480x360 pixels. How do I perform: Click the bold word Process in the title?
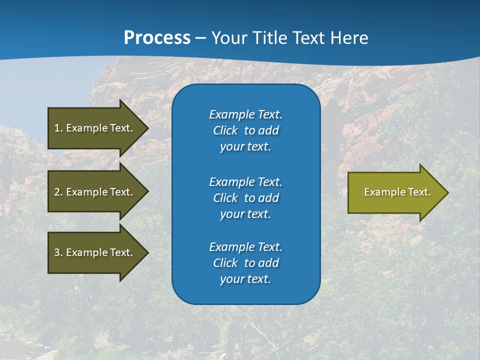[157, 38]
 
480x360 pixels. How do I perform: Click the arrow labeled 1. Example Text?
[93, 128]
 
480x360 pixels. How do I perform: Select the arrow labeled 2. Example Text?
[93, 192]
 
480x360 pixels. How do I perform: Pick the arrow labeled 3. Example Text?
[93, 252]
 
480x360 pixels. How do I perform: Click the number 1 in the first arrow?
[57, 128]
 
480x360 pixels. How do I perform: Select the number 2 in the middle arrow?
[57, 192]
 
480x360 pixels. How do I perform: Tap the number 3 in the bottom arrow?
[57, 252]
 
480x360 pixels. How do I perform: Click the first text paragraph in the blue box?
[245, 130]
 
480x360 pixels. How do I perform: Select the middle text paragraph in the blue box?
[245, 198]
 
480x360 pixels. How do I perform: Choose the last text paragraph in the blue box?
[245, 263]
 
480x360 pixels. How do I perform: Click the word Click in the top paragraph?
[225, 130]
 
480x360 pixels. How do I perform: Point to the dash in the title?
[201, 38]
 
